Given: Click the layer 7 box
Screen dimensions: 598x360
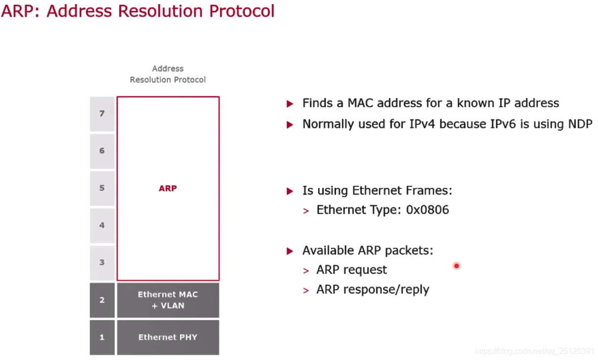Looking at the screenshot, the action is (x=102, y=114).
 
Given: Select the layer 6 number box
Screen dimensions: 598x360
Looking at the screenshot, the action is (x=102, y=151).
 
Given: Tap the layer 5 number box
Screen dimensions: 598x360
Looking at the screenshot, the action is (x=102, y=188).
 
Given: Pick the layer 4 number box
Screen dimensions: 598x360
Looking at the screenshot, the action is (x=102, y=225).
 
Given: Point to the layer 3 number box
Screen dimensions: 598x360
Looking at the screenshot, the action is (x=102, y=263).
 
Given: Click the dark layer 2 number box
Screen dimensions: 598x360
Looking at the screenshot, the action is (x=102, y=300).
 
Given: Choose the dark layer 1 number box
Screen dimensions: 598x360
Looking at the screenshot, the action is (x=102, y=337).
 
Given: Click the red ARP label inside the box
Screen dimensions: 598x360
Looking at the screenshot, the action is (x=168, y=188).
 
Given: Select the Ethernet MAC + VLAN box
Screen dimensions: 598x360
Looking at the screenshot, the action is (x=168, y=300).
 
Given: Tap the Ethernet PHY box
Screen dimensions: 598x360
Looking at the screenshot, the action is (x=168, y=337).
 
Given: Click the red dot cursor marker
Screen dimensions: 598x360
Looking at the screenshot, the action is (x=456, y=266).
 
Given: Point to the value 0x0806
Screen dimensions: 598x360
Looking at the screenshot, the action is (x=427, y=210).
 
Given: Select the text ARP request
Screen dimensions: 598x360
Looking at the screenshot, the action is (x=351, y=270).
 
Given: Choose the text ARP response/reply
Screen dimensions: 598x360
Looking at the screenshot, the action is (x=373, y=289).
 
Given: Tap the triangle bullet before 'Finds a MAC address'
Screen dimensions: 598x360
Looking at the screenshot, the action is (x=290, y=104).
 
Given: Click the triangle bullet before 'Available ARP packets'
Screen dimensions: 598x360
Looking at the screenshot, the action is (x=290, y=251).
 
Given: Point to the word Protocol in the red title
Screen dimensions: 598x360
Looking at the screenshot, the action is (x=242, y=11).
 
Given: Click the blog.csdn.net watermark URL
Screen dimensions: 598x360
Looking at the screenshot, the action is (x=535, y=351).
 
